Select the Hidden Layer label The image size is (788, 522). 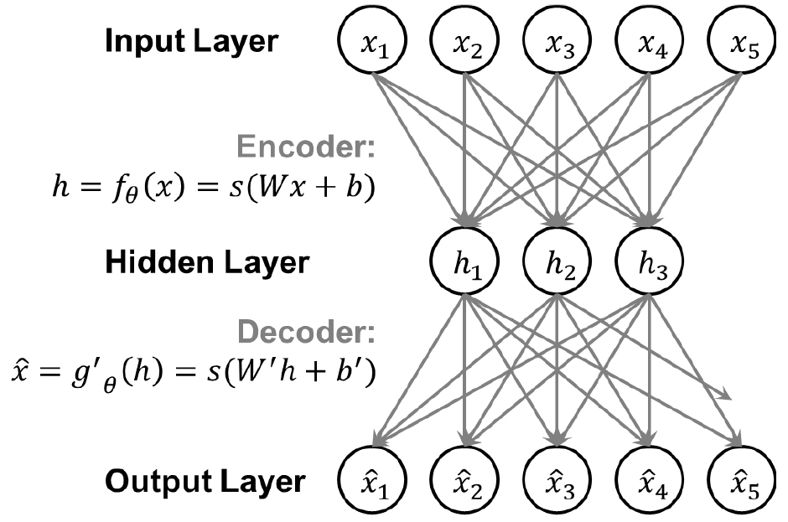point(206,263)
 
